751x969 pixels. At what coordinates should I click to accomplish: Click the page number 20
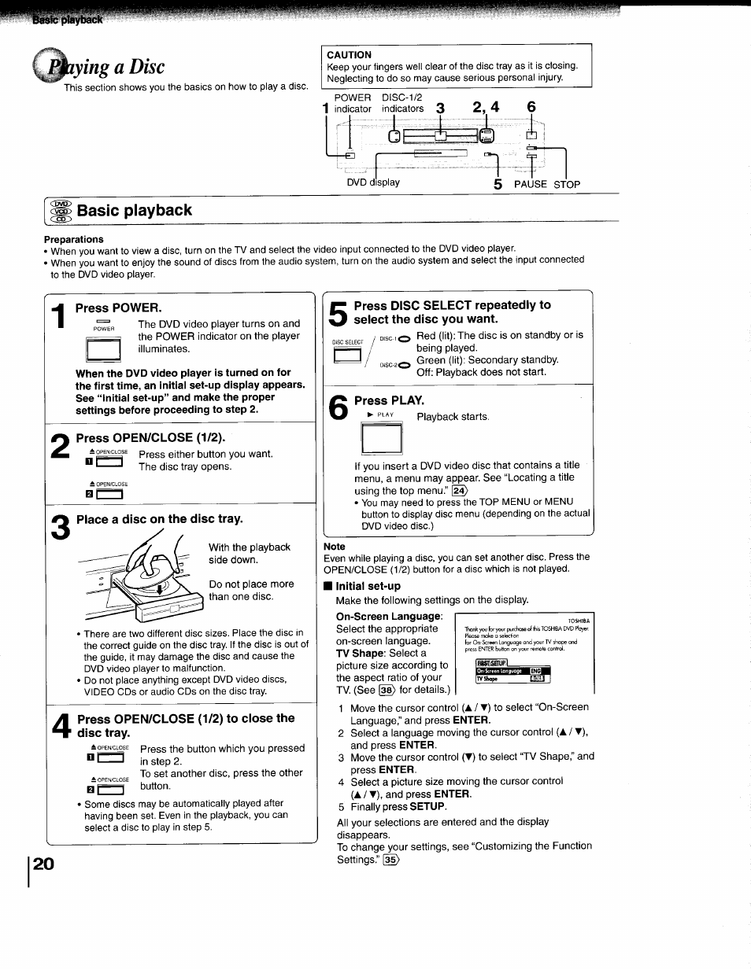tap(44, 863)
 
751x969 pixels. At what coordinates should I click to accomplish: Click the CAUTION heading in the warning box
tap(349, 55)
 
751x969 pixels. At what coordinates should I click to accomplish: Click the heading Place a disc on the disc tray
tap(160, 519)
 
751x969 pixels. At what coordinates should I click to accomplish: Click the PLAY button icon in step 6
tap(381, 438)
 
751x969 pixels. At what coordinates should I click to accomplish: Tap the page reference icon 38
tap(386, 690)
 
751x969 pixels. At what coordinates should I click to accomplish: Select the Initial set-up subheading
tap(368, 586)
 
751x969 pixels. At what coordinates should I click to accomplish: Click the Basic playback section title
tap(134, 211)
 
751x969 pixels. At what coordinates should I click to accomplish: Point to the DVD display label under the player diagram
tap(373, 182)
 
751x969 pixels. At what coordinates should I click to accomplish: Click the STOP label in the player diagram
tap(566, 184)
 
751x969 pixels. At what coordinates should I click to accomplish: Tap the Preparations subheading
tap(73, 239)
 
